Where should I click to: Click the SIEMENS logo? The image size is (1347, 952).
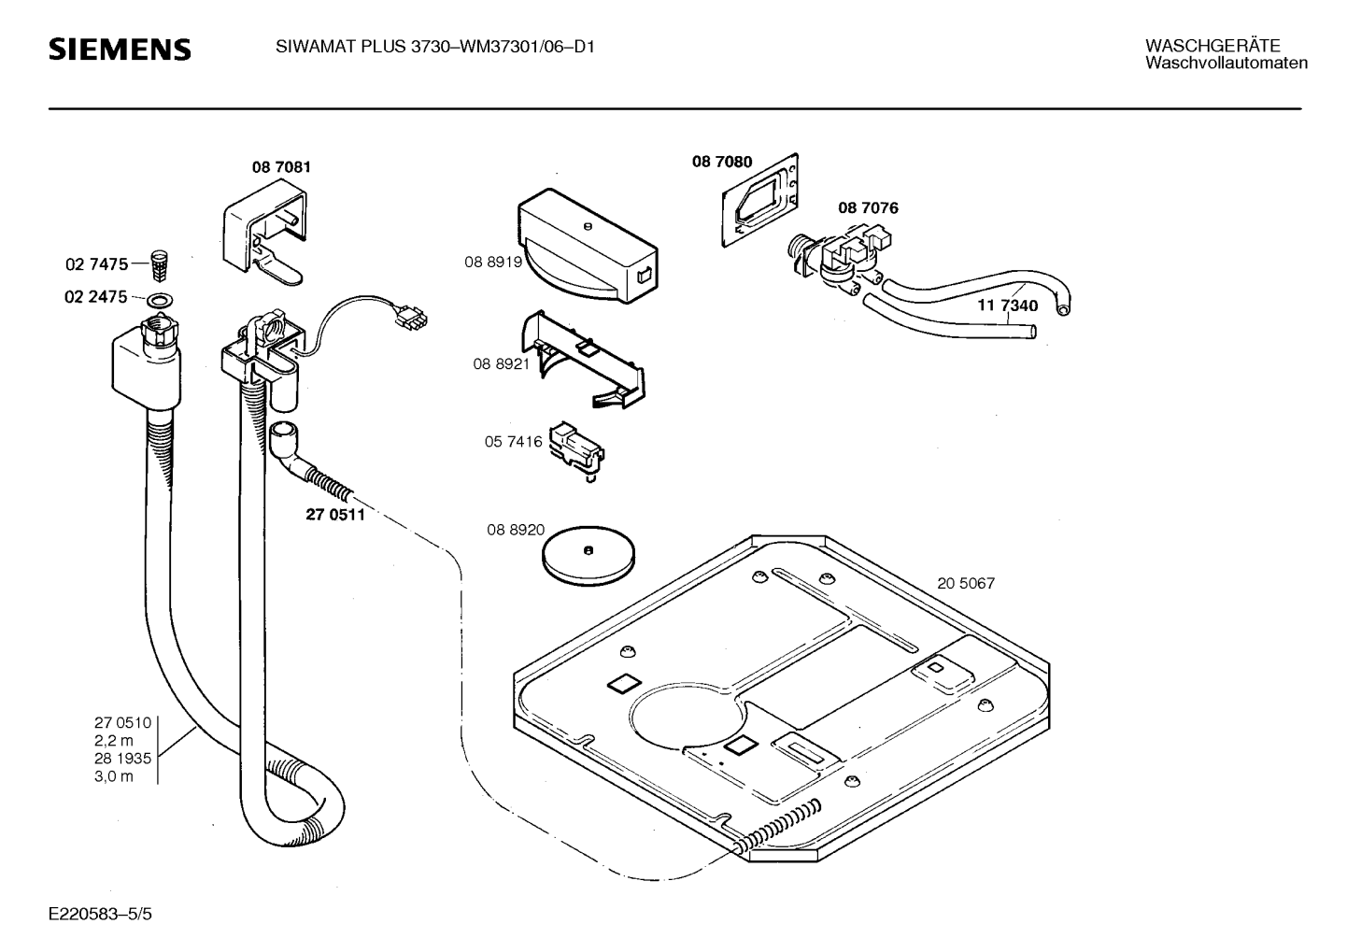[120, 50]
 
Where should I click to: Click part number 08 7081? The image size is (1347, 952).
[281, 167]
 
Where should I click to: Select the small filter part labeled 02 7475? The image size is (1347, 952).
[159, 266]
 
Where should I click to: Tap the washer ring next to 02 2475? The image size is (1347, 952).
[160, 299]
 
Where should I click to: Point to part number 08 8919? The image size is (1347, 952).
[493, 263]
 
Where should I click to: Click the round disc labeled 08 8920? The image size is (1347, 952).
[588, 556]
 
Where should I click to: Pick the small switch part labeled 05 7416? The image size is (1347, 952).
[576, 448]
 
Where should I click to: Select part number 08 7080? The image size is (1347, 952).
[721, 162]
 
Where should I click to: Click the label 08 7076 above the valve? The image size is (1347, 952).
[868, 208]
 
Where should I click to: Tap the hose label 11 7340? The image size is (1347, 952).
[1007, 305]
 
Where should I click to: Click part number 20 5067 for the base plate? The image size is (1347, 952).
[966, 583]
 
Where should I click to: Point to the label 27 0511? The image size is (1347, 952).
[335, 515]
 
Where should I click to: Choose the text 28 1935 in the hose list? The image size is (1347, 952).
[122, 759]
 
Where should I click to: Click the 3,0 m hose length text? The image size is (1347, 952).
[114, 776]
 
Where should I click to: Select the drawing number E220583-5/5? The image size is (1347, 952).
[101, 914]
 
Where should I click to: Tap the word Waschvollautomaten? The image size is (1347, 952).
[1226, 63]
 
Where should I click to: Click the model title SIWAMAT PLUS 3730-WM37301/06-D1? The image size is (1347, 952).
[435, 47]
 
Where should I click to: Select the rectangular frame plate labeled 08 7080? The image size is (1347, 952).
[760, 200]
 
